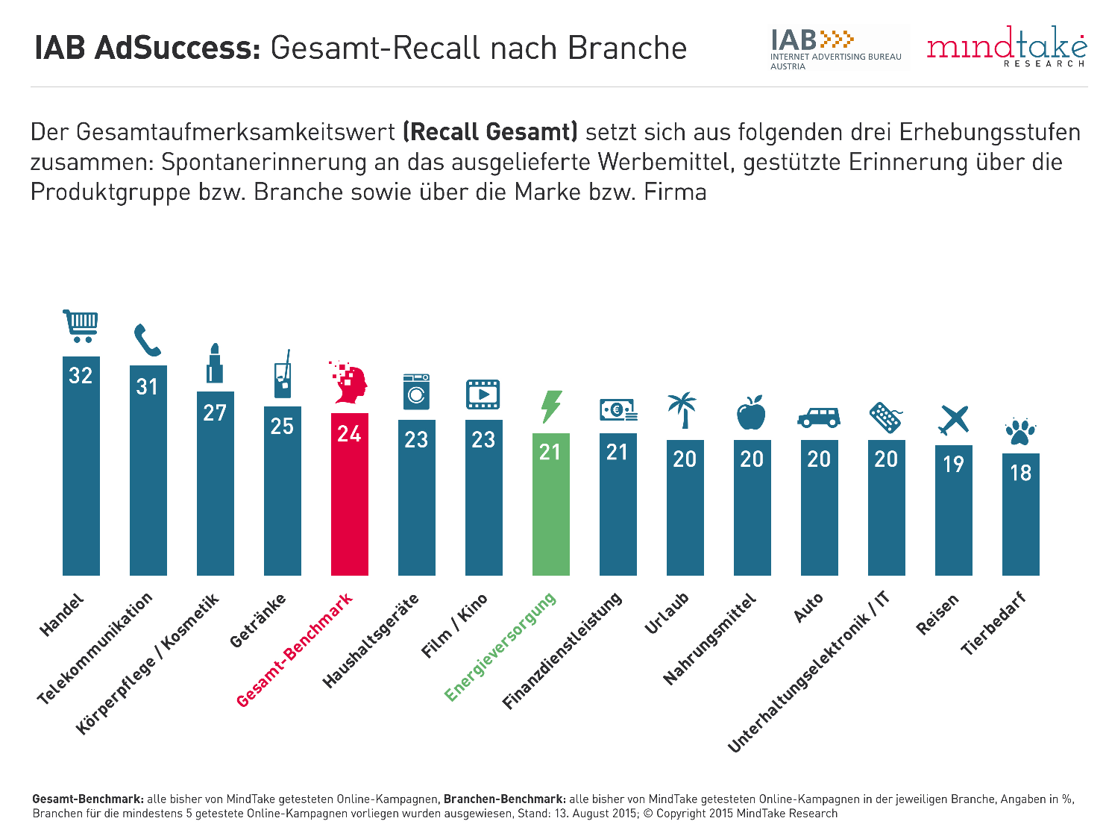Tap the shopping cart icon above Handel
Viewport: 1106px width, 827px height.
(x=81, y=326)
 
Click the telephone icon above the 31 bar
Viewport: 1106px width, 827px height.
(x=147, y=341)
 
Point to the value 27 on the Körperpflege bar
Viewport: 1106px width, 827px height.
(x=215, y=412)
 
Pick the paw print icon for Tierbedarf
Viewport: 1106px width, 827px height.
(x=1020, y=432)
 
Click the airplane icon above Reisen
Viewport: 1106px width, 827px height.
(x=954, y=420)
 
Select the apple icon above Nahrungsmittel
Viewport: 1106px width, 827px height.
(x=751, y=413)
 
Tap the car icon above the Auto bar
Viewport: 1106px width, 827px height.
(x=819, y=417)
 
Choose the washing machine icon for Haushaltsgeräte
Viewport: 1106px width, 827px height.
(x=416, y=391)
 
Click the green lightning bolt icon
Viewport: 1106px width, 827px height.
(x=550, y=406)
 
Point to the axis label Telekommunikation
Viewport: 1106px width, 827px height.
(x=95, y=648)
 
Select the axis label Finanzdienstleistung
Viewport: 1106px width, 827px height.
(x=562, y=651)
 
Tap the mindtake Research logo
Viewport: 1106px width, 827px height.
(x=1006, y=48)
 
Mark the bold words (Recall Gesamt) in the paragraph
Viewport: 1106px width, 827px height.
(x=490, y=132)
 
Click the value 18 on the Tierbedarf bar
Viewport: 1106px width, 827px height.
(x=1020, y=472)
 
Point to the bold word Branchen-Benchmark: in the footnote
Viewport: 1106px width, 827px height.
(x=503, y=799)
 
